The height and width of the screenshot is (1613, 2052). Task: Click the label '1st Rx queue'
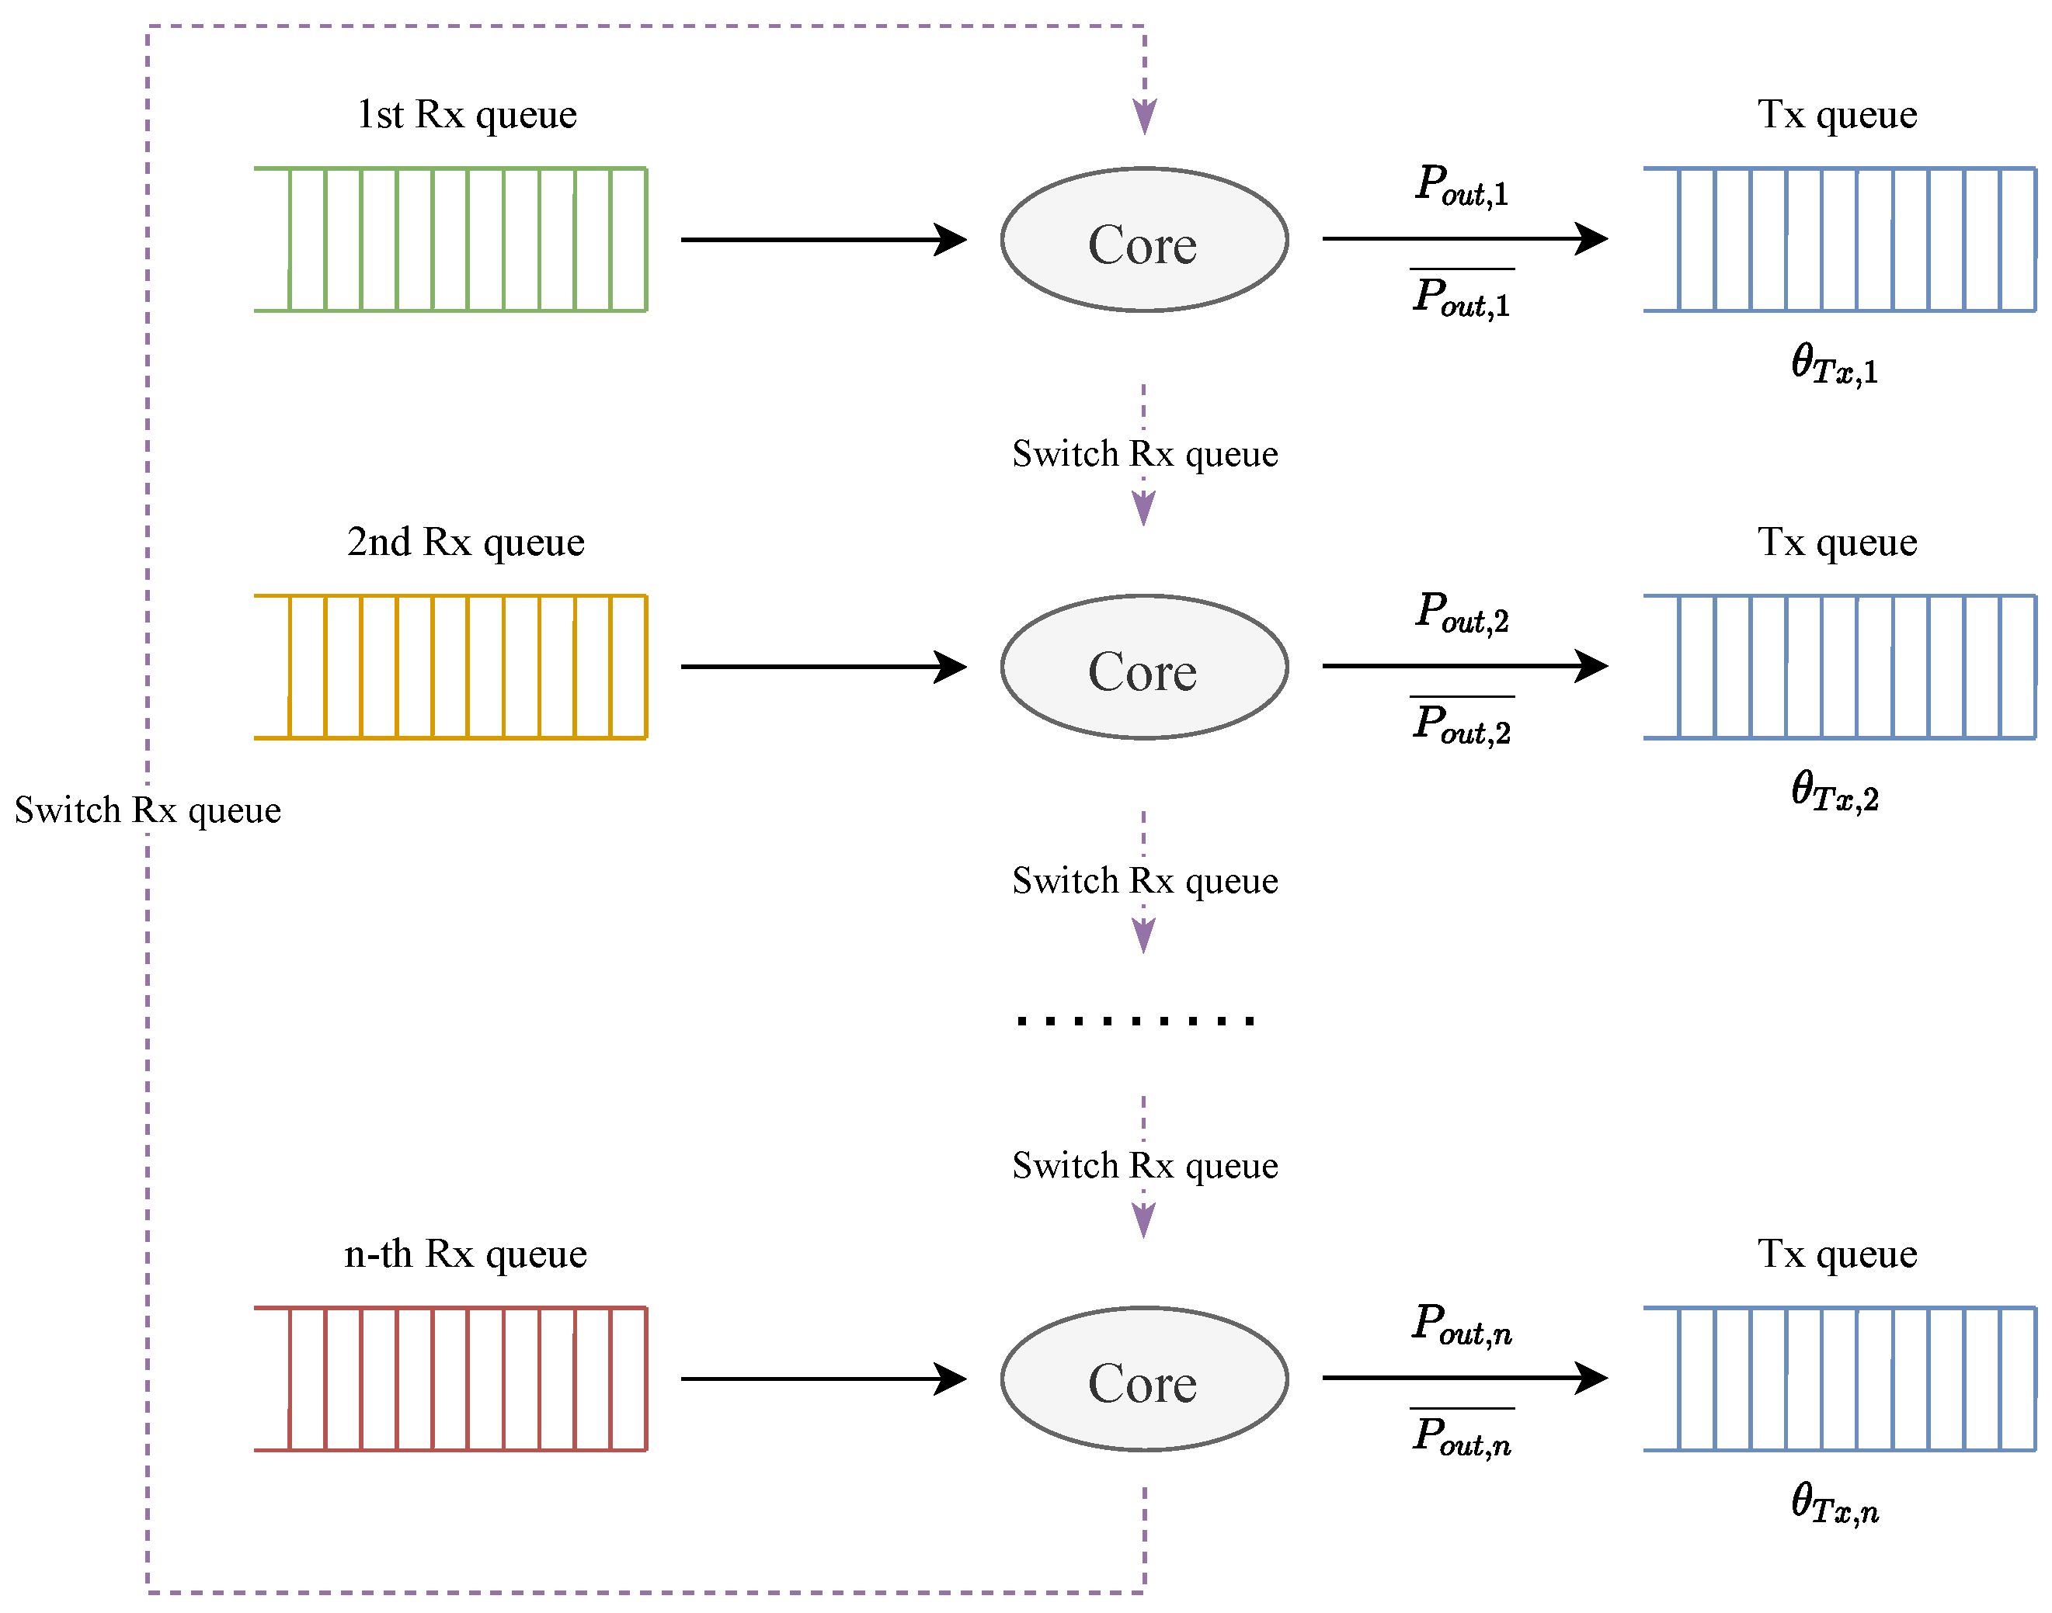click(x=467, y=115)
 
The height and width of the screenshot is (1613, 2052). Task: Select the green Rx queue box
click(x=450, y=239)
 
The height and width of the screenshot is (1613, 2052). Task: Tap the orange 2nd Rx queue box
click(x=450, y=667)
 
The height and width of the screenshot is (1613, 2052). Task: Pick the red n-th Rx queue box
click(x=450, y=1379)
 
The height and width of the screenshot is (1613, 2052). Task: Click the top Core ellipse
click(x=1144, y=240)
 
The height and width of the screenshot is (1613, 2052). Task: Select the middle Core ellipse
click(x=1144, y=667)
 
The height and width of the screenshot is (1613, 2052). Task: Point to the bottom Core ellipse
click(x=1144, y=1379)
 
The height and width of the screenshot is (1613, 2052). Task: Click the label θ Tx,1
click(x=1834, y=365)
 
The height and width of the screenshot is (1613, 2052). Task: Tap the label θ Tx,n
click(x=1834, y=1504)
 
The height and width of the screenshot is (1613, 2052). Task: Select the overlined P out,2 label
click(x=1462, y=724)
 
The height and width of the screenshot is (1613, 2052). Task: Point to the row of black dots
click(x=1135, y=1020)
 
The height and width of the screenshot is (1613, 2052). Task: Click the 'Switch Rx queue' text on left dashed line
click(x=148, y=810)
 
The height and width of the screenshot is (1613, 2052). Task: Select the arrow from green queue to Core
click(x=822, y=240)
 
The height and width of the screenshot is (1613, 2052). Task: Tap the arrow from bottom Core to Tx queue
click(x=1463, y=1378)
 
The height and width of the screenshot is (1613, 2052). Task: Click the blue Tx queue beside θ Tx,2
click(x=1838, y=667)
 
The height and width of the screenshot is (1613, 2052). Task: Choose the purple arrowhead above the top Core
click(x=1144, y=117)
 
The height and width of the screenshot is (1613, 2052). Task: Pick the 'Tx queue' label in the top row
click(x=1837, y=115)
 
